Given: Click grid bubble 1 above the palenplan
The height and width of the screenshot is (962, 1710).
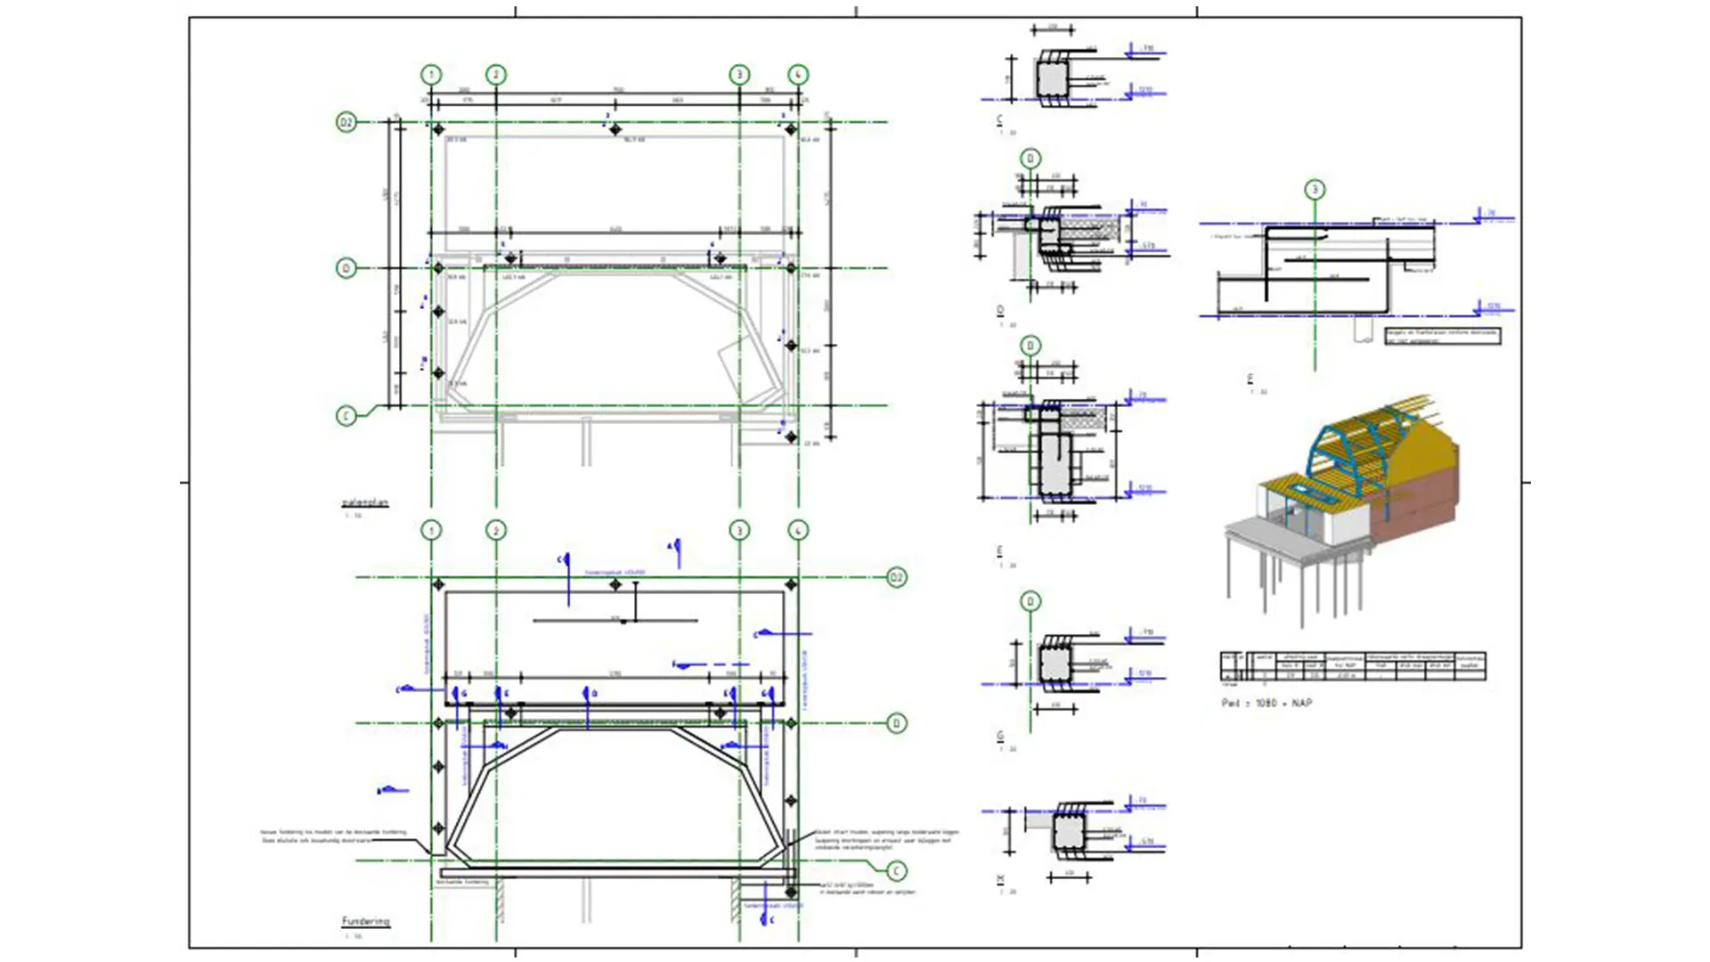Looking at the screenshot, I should coord(431,75).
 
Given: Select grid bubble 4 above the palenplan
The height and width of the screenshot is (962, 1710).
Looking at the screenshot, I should coord(798,75).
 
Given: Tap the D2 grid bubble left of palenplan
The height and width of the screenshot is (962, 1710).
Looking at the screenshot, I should coord(346,122).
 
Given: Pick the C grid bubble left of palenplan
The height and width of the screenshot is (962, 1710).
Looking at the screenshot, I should coord(346,416).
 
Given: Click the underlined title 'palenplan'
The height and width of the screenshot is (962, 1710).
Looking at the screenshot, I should coord(365,503).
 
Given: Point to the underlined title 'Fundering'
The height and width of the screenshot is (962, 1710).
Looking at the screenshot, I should coord(365,921).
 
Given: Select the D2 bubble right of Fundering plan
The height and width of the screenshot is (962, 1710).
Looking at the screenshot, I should coord(897,578).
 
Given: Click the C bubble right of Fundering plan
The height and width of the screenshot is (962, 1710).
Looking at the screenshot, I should coord(897,870).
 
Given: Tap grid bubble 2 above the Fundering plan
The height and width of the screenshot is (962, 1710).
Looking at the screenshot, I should coord(496,531).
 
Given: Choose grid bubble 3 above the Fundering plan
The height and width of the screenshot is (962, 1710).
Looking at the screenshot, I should coord(739,531).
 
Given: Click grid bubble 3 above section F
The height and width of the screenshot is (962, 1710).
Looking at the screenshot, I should coord(1315,190).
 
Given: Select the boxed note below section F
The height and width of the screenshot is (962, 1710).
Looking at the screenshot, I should coord(1442,336).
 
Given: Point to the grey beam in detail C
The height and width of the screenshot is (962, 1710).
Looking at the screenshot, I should coord(1051,79).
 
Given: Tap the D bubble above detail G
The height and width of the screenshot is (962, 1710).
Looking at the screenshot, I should coord(1030,602).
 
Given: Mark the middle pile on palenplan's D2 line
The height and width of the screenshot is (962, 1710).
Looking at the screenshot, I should coord(615,130).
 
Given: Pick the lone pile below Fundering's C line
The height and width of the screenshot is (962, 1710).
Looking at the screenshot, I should coord(790,891).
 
